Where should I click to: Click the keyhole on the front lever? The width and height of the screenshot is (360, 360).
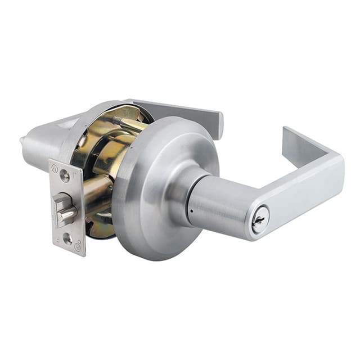pyautogui.click(x=259, y=220)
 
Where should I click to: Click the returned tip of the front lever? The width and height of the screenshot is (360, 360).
pyautogui.click(x=288, y=134)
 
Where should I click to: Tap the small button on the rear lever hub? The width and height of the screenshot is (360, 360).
pyautogui.click(x=22, y=141)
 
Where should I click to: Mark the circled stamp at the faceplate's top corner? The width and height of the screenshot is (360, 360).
pyautogui.click(x=55, y=166)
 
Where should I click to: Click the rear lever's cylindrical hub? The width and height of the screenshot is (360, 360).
pyautogui.click(x=42, y=146)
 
